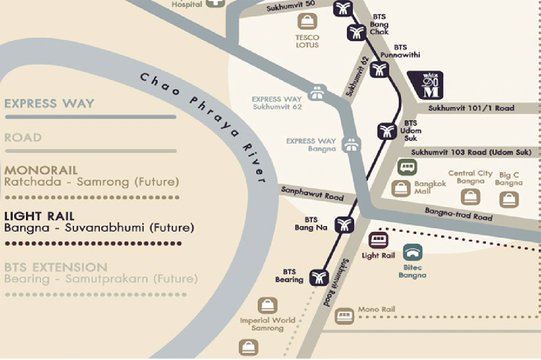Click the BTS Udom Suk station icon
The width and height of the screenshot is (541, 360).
386,131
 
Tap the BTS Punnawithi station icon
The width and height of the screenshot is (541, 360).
379,69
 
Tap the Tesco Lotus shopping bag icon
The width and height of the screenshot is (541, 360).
307,21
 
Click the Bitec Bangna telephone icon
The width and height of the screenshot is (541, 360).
413,253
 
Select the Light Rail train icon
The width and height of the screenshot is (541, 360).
378,240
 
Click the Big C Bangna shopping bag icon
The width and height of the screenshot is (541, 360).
509,199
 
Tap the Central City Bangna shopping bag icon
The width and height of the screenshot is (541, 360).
470,197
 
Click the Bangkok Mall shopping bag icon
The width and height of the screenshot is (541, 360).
401,188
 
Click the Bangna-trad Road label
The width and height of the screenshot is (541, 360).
458,214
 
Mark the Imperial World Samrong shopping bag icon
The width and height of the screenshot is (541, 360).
267,306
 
